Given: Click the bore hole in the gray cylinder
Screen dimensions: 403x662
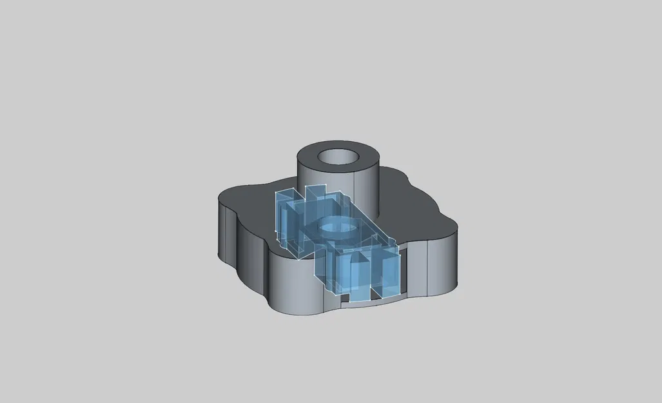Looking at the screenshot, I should pos(339,157).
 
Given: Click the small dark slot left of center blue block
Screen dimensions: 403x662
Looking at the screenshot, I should pos(345,298).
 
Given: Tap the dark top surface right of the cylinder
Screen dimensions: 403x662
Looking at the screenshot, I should pos(413,206).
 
